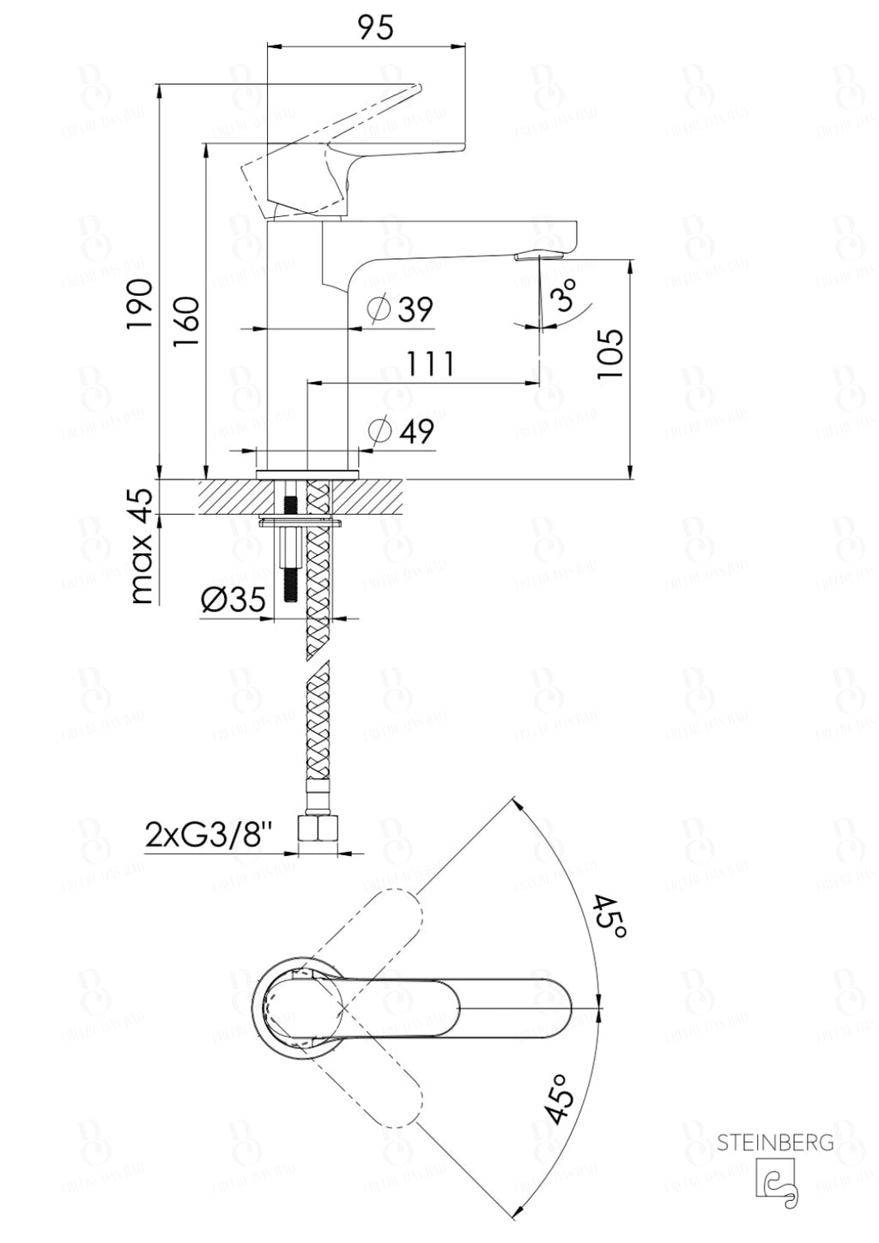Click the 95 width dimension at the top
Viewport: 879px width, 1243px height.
tap(375, 27)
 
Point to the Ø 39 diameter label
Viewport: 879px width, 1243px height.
tap(400, 309)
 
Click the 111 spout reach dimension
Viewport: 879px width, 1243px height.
tap(430, 364)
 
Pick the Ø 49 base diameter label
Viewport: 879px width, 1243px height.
tap(400, 431)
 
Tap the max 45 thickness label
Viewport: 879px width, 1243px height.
tap(142, 546)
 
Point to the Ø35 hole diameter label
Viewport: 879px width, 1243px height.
tap(233, 600)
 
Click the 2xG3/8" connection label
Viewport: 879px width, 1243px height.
tap(209, 835)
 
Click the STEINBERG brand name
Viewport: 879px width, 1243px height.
tap(774, 1143)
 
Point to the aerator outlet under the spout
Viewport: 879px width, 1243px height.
tap(537, 255)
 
